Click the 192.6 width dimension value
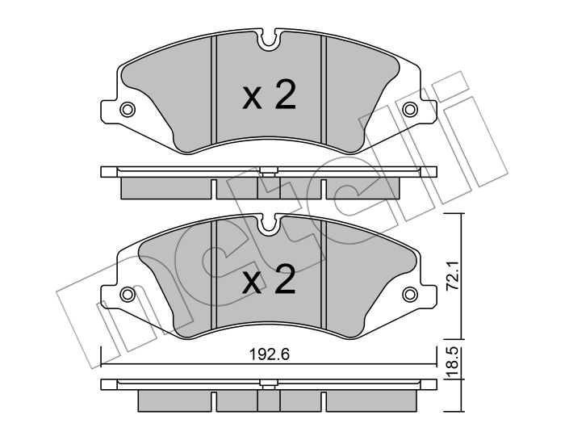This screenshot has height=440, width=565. [x=270, y=354]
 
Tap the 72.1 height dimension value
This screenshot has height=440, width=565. [x=453, y=276]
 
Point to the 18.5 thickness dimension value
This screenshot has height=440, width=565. [x=453, y=362]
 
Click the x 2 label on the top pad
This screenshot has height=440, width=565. [x=269, y=94]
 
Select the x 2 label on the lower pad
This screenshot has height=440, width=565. [x=269, y=280]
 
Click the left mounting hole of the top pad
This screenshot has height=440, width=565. [x=128, y=109]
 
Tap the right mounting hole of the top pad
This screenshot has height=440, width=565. [x=410, y=109]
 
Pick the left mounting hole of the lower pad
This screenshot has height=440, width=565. [x=128, y=295]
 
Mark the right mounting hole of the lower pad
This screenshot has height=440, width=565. [x=410, y=295]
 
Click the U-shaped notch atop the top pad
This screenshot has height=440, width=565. [x=269, y=40]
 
